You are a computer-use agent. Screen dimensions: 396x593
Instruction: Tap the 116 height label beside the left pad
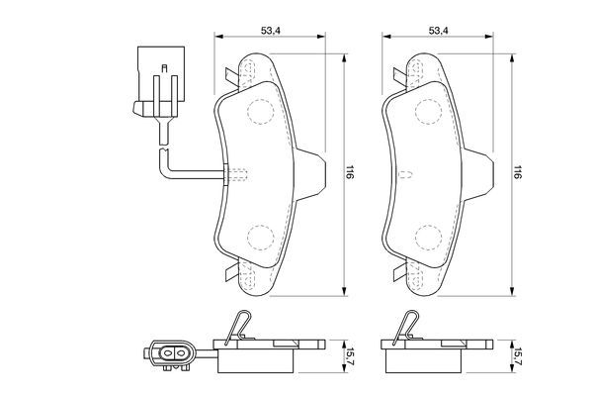point(351,171)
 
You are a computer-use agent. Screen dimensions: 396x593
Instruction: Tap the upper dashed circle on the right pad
point(427,111)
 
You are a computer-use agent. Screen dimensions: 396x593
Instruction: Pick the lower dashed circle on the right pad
point(427,237)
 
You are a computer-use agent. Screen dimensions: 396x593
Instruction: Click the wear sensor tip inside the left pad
point(237,175)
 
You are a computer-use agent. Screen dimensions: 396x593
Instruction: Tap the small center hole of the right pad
point(405,175)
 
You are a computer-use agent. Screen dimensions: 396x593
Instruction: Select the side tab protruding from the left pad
point(313,174)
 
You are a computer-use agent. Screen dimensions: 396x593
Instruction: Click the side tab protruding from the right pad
point(481,174)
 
